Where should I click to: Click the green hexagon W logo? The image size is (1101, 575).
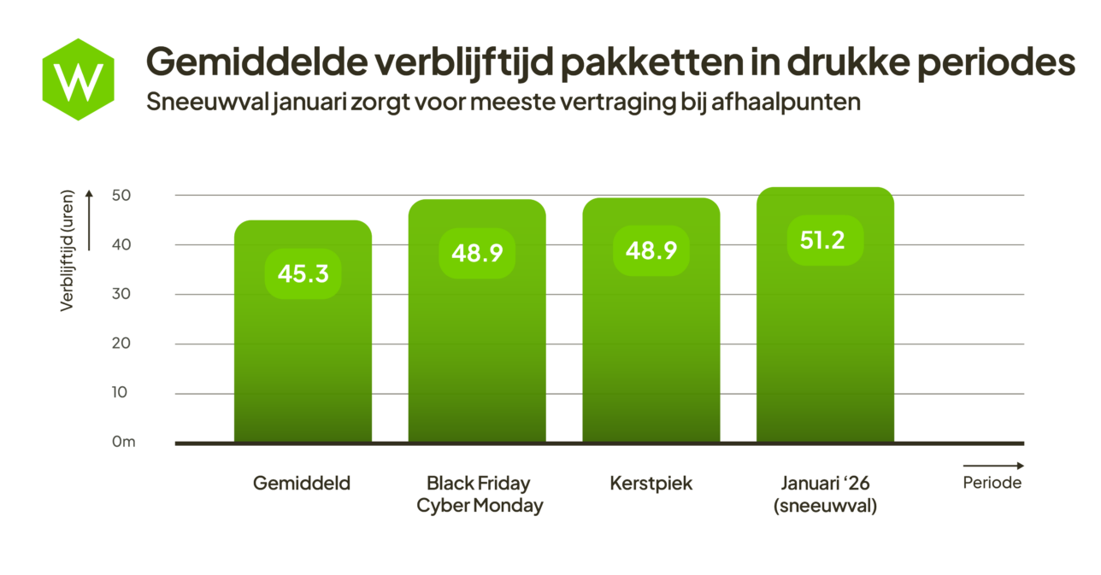point(78,79)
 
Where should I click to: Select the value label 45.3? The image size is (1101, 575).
point(303,273)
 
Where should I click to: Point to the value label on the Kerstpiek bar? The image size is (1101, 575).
point(651,250)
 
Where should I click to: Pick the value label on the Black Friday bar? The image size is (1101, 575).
point(476,253)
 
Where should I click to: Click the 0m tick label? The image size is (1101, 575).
point(123,443)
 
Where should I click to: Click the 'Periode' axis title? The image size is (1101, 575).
point(992,483)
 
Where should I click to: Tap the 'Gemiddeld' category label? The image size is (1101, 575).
point(302,484)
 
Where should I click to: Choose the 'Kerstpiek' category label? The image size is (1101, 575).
point(651,484)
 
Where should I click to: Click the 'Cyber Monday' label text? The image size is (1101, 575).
point(480,506)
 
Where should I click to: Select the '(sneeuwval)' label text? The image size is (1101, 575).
point(825,506)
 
